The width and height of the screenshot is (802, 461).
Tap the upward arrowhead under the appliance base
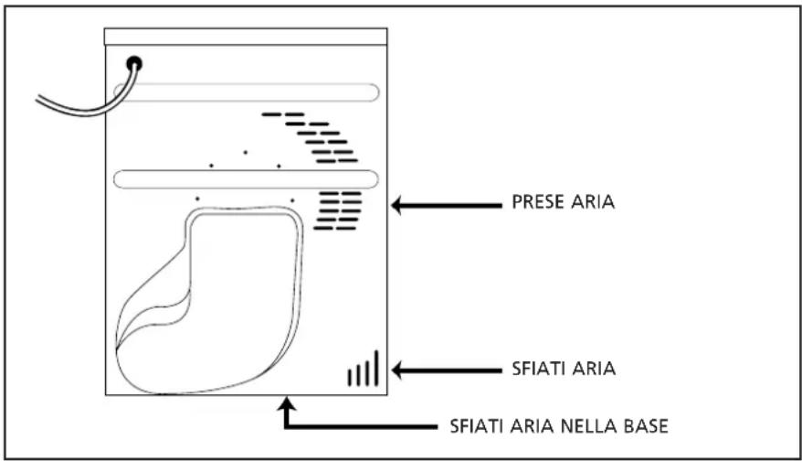point(289,403)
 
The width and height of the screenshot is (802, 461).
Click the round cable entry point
point(135,63)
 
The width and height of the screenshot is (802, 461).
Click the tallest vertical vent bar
point(375,367)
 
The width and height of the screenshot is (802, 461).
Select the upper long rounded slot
point(247,91)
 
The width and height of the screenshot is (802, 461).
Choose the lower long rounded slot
point(247,179)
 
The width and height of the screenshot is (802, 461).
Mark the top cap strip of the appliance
point(246,37)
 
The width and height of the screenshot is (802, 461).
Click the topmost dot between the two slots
point(245,152)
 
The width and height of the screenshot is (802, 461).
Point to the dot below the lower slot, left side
point(197,198)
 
